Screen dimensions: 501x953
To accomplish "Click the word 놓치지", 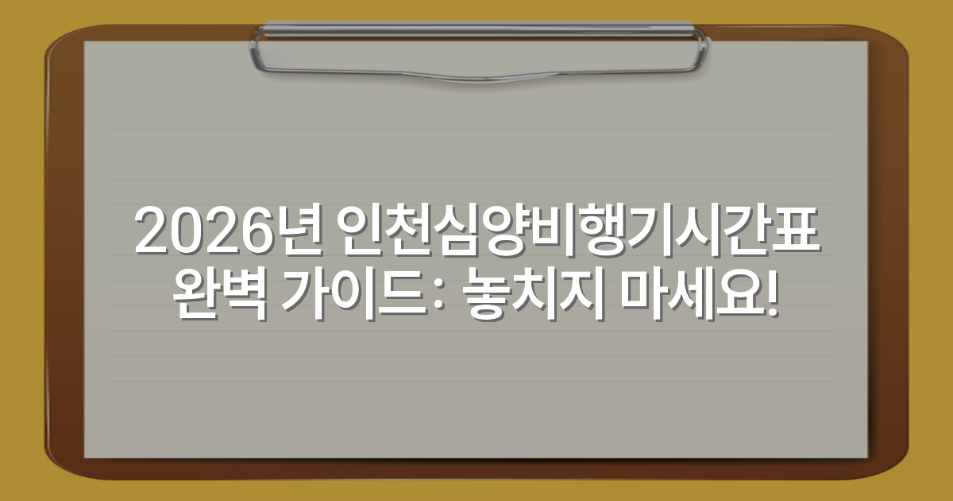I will tap(529, 297).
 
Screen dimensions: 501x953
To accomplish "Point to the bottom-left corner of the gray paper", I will tap(86, 456).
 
